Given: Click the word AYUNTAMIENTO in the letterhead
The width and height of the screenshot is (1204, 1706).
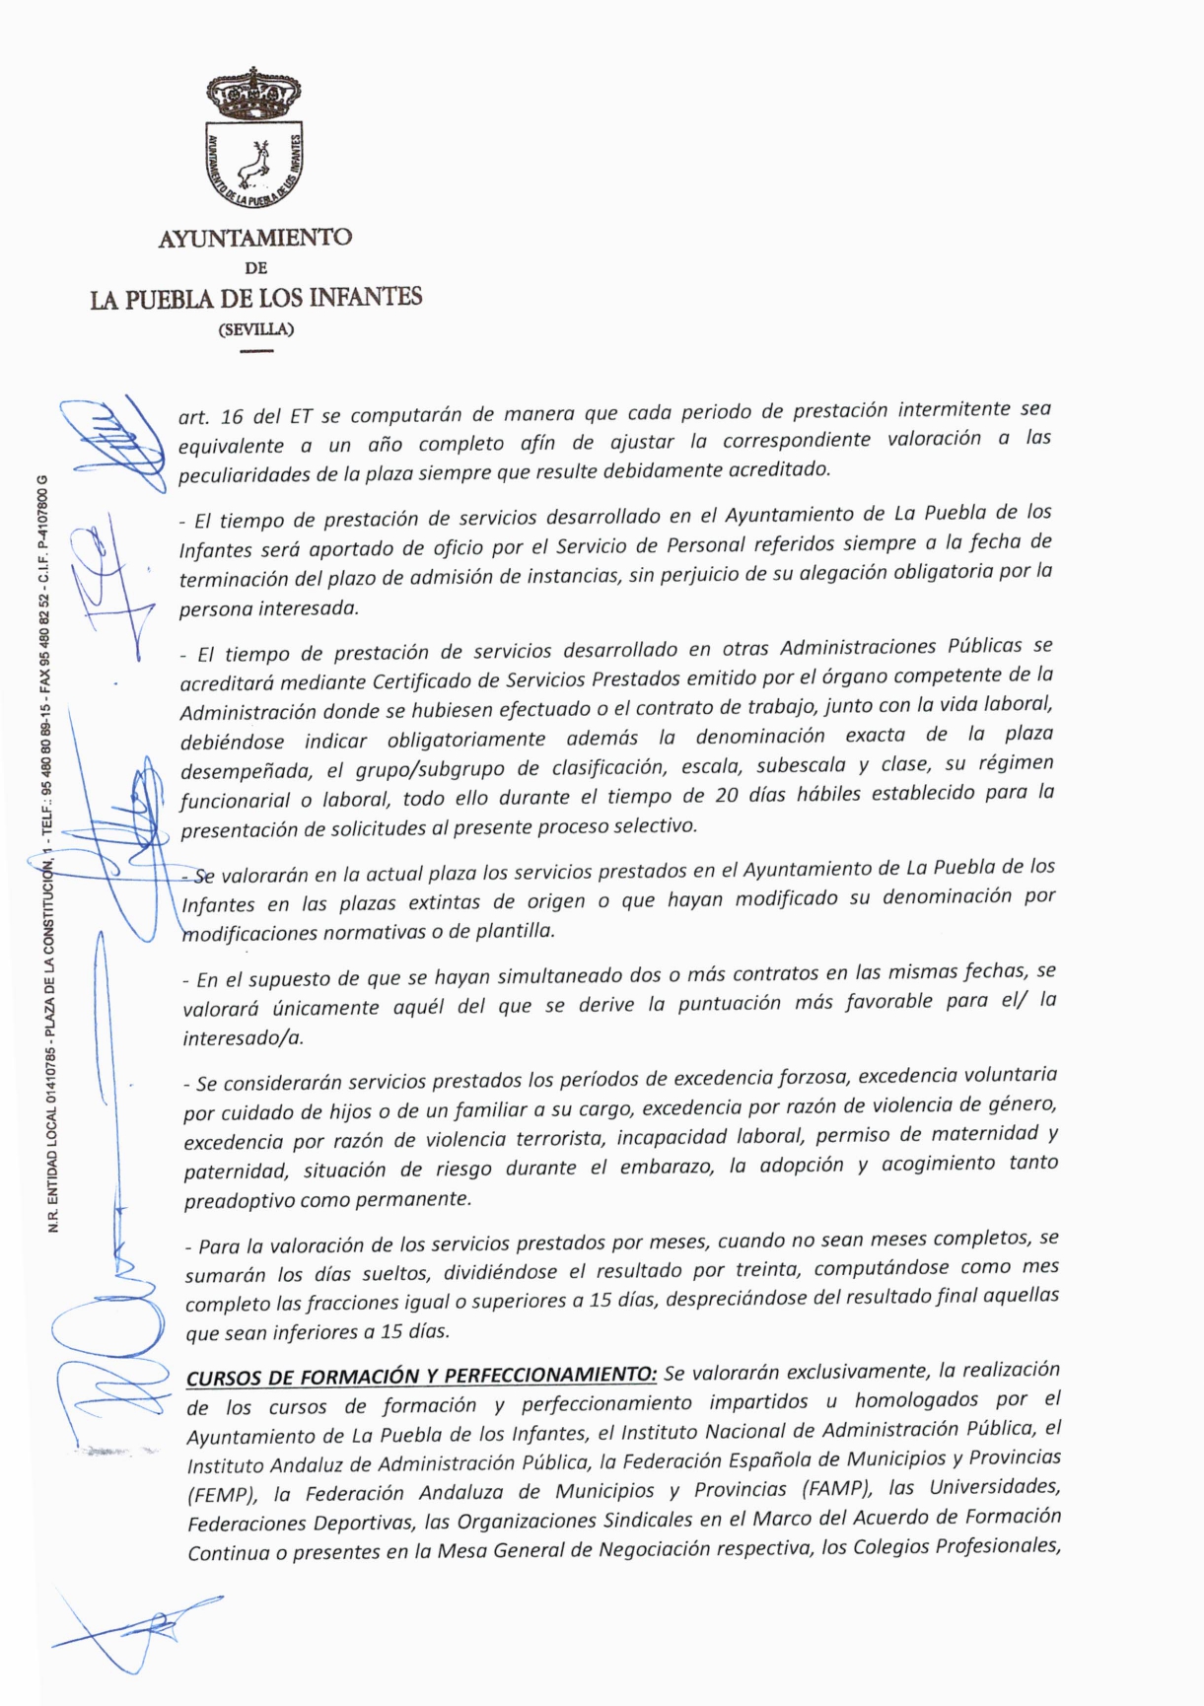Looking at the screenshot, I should pos(255,238).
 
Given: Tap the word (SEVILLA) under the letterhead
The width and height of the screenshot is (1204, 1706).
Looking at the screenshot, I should pos(255,329).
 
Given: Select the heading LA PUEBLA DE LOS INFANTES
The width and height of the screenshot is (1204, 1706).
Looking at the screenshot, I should pos(255,298).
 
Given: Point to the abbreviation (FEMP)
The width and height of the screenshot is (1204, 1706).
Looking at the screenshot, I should pos(215,1494).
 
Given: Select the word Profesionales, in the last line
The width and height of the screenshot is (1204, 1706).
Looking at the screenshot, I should pos(997,1545).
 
